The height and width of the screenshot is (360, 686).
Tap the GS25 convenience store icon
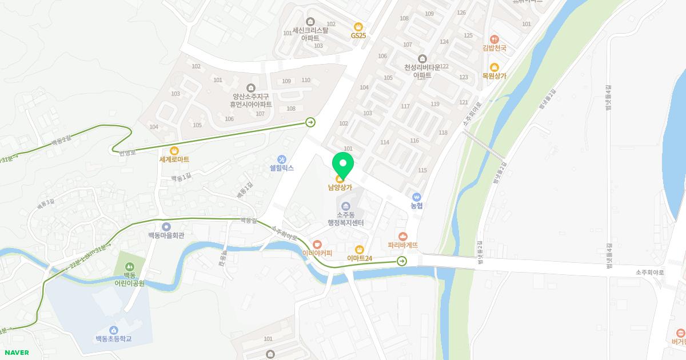tap(358, 26)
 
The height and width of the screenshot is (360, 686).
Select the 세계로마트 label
tap(174, 159)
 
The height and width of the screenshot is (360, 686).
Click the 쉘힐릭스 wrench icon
tap(281, 159)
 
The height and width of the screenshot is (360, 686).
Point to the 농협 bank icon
tap(416, 197)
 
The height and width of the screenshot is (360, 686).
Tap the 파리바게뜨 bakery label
tap(403, 245)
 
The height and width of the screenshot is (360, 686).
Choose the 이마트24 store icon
tap(360, 249)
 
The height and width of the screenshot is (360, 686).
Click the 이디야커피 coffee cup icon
tap(317, 245)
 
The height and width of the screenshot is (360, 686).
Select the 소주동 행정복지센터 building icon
tap(345, 206)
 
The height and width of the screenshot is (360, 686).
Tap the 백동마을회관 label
tap(166, 235)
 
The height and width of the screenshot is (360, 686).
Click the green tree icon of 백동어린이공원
tap(130, 266)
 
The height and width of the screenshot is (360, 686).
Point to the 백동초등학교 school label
tap(114, 339)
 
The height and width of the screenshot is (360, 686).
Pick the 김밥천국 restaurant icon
tap(494, 39)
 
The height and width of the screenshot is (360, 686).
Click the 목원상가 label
tap(494, 76)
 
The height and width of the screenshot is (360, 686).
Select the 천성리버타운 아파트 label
tap(422, 71)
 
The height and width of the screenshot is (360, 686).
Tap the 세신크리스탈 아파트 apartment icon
tap(310, 21)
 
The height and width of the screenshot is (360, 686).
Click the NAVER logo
tap(17, 353)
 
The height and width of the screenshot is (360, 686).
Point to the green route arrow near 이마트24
tap(402, 261)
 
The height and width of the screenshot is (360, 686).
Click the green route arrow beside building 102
tap(310, 122)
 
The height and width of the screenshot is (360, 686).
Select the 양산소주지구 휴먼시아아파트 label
tap(250, 101)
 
